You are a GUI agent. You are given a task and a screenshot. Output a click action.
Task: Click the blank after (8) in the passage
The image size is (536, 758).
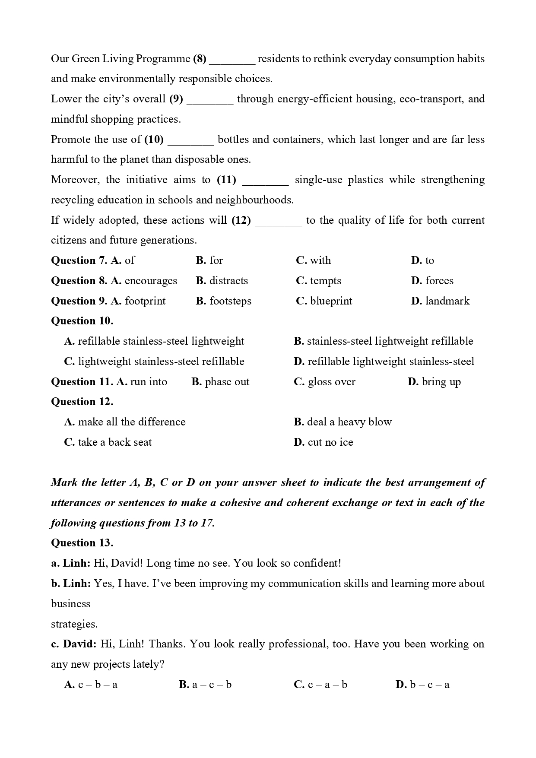coord(232,60)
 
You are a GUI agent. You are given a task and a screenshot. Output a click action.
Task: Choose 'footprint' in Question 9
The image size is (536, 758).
coord(145,301)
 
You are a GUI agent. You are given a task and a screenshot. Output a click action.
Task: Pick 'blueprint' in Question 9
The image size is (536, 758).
coord(331,301)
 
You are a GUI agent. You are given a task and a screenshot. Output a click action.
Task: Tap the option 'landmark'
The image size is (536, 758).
coord(447,301)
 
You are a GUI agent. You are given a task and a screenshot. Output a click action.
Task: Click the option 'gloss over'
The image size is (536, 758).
coord(331,382)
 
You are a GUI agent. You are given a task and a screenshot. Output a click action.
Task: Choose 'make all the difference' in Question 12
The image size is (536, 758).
coord(132,422)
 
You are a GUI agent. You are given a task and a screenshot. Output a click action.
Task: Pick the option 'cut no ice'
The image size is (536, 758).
coord(330,442)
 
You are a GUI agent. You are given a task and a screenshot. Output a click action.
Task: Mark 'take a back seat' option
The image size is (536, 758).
coord(115,442)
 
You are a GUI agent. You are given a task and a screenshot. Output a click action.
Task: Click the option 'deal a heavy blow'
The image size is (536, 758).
coord(349,422)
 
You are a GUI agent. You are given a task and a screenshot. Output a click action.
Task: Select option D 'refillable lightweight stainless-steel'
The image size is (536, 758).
coord(390,362)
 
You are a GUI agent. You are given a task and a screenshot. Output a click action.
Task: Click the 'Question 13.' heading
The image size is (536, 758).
coord(82,543)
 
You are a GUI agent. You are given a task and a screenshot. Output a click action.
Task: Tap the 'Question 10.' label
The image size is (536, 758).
coord(82,321)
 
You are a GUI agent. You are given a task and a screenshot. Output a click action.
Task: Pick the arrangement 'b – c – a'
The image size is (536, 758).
coord(429,685)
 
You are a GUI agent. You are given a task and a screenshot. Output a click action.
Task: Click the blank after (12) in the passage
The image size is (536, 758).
coord(279,221)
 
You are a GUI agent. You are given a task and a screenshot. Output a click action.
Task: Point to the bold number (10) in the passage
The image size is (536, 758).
coord(154,140)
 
